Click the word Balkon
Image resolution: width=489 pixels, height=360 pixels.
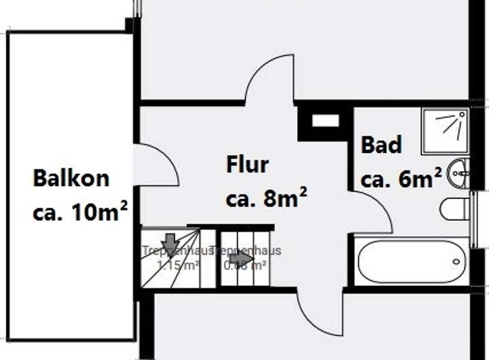[x=71, y=179]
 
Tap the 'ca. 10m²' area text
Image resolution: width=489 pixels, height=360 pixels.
[x=81, y=211]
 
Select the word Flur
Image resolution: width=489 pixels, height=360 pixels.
[x=247, y=164]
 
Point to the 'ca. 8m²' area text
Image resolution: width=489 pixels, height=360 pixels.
[x=266, y=199]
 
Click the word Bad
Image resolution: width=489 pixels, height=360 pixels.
[x=381, y=145]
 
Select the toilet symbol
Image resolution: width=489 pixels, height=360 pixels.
[x=454, y=209]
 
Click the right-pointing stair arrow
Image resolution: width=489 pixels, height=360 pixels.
[x=240, y=257]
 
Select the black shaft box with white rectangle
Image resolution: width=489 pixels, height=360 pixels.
[x=324, y=122]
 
